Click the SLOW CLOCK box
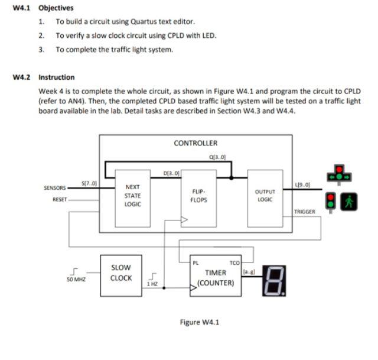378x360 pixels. coord(121,273)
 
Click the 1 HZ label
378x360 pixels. coord(152,284)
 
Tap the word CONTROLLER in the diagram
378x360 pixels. coord(195,143)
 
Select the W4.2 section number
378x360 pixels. coord(21,77)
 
